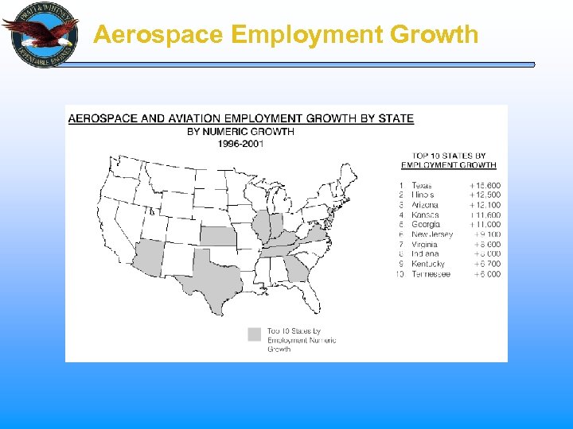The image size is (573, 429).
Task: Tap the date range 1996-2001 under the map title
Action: [240, 143]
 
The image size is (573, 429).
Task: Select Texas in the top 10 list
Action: [422, 185]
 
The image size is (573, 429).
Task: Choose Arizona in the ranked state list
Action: [425, 205]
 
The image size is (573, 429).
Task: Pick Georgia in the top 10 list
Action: [426, 225]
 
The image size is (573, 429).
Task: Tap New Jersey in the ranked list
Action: [432, 234]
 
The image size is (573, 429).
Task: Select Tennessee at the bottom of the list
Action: [431, 274]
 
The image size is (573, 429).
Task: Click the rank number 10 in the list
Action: [400, 274]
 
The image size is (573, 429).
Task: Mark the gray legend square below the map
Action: [255, 334]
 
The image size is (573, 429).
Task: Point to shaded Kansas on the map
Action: [218, 234]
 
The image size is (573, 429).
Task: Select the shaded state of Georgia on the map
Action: [297, 271]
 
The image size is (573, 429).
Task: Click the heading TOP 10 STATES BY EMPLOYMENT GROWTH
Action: [449, 160]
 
